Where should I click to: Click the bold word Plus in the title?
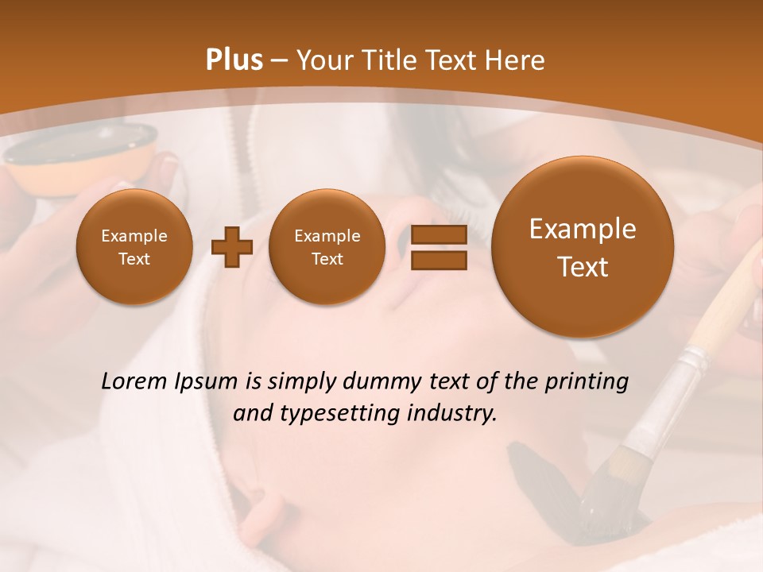click(x=234, y=60)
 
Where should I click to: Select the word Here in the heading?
click(x=517, y=60)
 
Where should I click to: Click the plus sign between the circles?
click(x=232, y=248)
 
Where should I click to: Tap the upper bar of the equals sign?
click(x=438, y=235)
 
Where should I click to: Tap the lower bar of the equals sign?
click(x=438, y=260)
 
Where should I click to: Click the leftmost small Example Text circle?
click(x=134, y=247)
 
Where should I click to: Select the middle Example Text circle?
click(x=327, y=247)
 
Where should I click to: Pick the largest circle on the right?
click(x=583, y=247)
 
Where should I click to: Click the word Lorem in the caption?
click(x=130, y=382)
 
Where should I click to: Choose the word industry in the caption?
click(x=452, y=414)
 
